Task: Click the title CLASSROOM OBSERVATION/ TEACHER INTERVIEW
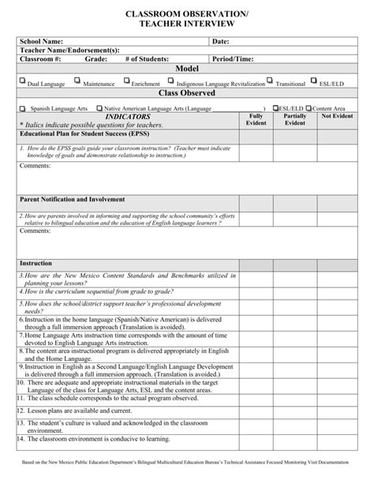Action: pyautogui.click(x=187, y=20)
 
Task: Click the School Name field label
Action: pyautogui.click(x=42, y=41)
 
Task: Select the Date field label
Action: pyautogui.click(x=220, y=41)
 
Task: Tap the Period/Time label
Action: pyautogui.click(x=232, y=59)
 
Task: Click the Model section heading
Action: pyautogui.click(x=187, y=69)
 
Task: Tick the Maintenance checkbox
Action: pyautogui.click(x=77, y=81)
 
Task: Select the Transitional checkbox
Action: pyautogui.click(x=270, y=81)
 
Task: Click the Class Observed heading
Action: pyautogui.click(x=187, y=93)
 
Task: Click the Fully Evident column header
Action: pyautogui.click(x=256, y=119)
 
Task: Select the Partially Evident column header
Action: pyautogui.click(x=295, y=119)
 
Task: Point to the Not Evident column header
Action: pyautogui.click(x=337, y=116)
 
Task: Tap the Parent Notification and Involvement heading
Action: pyautogui.click(x=73, y=200)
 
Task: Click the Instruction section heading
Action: pyautogui.click(x=36, y=262)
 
